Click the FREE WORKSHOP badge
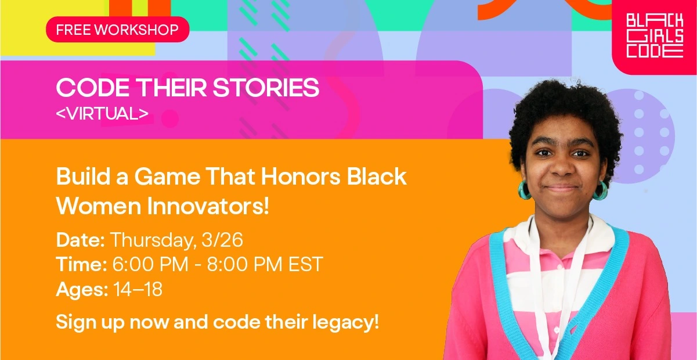pyautogui.click(x=118, y=30)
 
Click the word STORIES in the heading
pyautogui.click(x=266, y=88)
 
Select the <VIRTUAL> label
pyautogui.click(x=102, y=113)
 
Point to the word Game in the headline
pyautogui.click(x=167, y=177)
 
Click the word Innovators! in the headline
pyautogui.click(x=208, y=206)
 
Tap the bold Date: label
pyautogui.click(x=81, y=240)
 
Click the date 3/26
pyautogui.click(x=222, y=240)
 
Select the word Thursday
pyautogui.click(x=153, y=240)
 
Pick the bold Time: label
pyautogui.click(x=81, y=264)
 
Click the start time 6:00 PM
pyautogui.click(x=150, y=264)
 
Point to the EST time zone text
pyautogui.click(x=306, y=264)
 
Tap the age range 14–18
pyautogui.click(x=138, y=289)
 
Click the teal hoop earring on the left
pyautogui.click(x=525, y=190)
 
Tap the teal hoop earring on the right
pyautogui.click(x=601, y=190)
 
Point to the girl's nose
pyautogui.click(x=562, y=168)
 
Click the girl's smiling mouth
pyautogui.click(x=562, y=188)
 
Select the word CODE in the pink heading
pyautogui.click(x=93, y=88)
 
